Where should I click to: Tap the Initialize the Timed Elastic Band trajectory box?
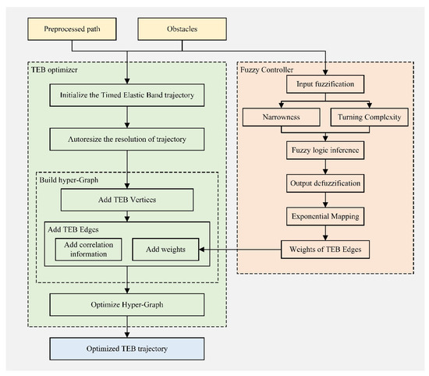[127, 98]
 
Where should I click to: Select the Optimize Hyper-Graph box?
[127, 303]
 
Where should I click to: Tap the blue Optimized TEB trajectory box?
[127, 346]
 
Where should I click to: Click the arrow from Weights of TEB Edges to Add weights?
[238, 250]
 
